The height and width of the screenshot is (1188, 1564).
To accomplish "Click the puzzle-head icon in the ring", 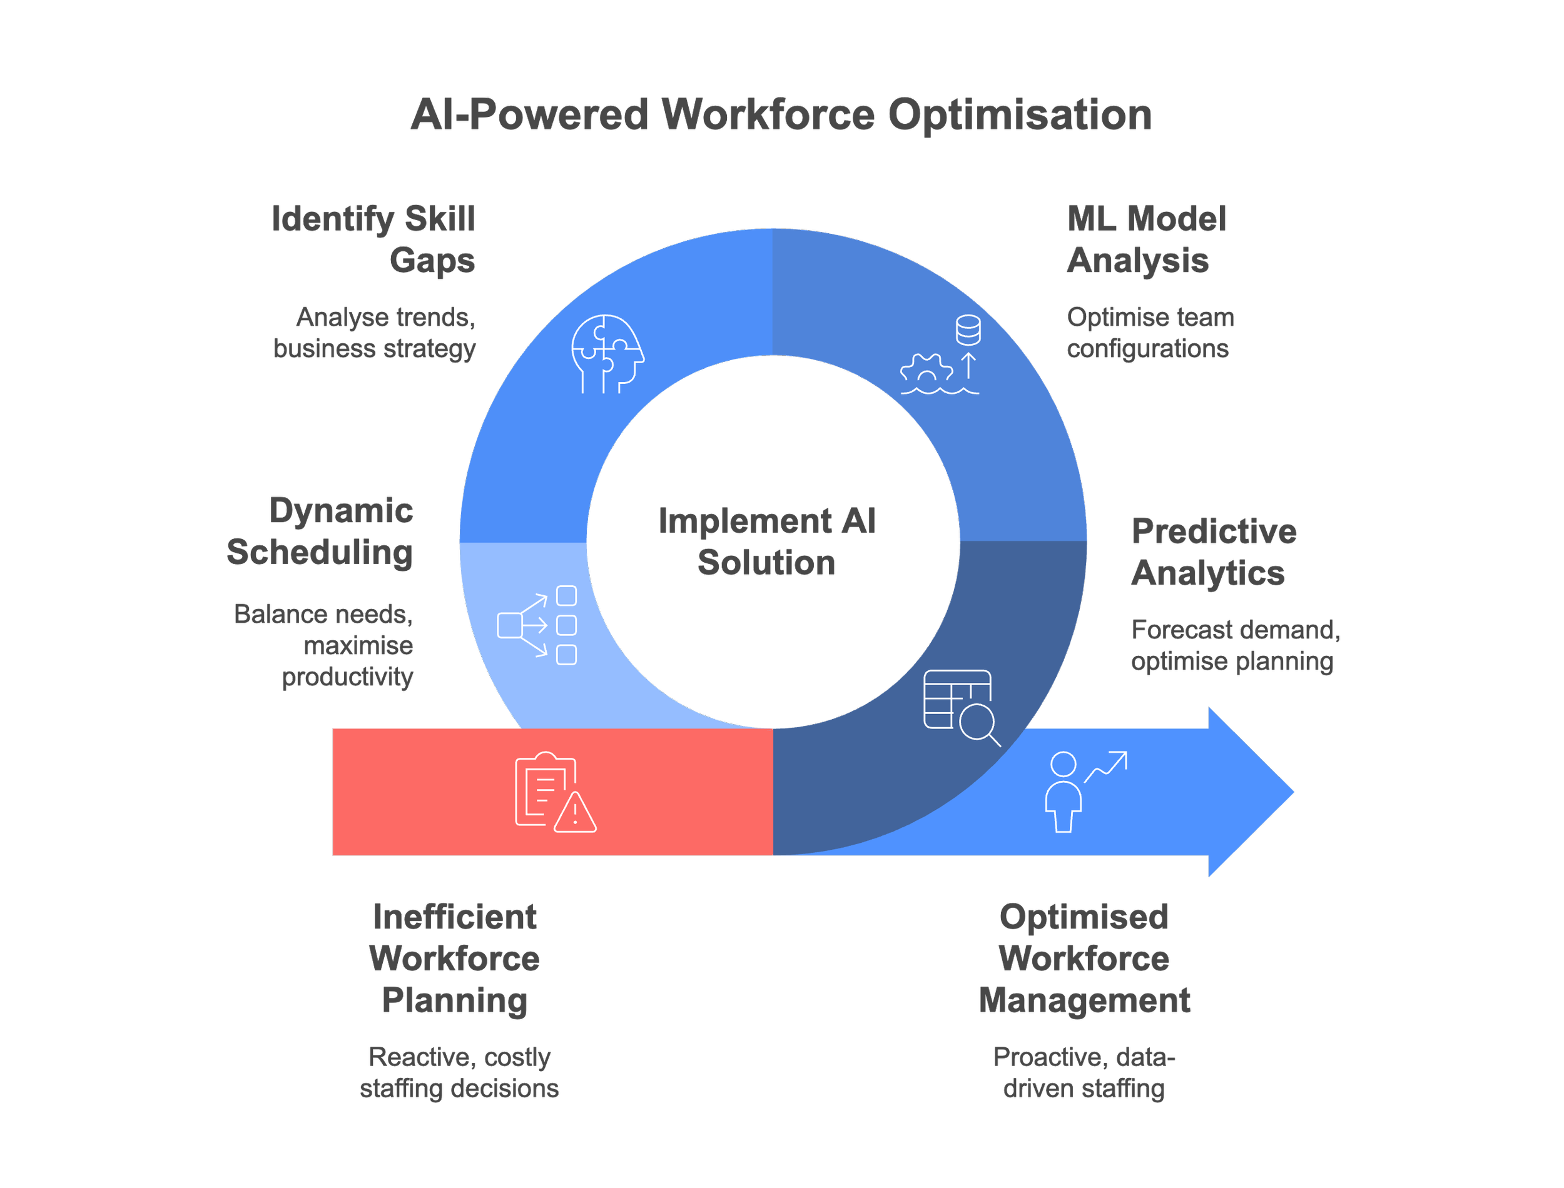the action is click(607, 353).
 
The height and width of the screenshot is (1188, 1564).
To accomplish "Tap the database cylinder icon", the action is click(968, 330).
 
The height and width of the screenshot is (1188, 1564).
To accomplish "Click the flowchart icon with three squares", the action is click(537, 625).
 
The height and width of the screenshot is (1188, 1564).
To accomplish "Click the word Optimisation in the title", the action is click(1018, 114).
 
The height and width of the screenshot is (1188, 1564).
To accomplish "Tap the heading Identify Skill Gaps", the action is click(373, 239).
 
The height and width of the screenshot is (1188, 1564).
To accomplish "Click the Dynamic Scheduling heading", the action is click(320, 531).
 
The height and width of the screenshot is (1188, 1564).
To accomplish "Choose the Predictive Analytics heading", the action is click(1213, 551).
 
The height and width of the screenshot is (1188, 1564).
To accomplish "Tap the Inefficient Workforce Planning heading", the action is click(454, 958).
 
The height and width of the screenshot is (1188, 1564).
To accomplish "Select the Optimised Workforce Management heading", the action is click(1084, 958).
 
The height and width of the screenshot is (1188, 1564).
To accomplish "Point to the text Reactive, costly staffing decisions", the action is click(459, 1072).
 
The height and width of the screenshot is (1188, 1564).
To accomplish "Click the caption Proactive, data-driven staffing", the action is click(1084, 1072).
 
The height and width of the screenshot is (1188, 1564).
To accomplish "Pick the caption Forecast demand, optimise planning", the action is click(1235, 645).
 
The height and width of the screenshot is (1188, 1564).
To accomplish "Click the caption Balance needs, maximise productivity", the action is click(324, 645).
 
